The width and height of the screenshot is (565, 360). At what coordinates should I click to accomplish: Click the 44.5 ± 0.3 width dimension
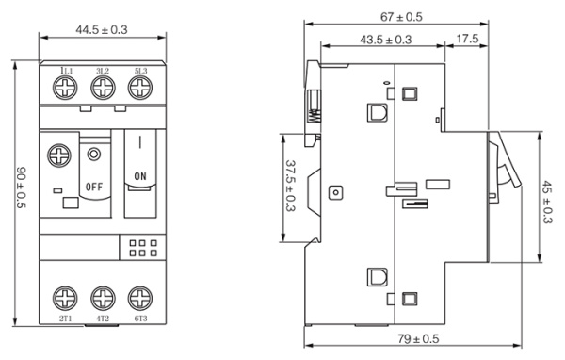102,29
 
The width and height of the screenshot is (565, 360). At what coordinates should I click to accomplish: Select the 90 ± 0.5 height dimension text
22,188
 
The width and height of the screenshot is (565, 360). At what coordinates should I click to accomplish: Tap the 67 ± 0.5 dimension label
401,17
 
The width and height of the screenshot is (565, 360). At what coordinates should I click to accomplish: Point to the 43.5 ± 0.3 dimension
385,40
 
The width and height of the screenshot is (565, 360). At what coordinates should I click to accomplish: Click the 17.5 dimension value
467,39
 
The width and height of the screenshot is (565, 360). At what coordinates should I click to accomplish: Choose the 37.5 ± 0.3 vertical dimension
290,186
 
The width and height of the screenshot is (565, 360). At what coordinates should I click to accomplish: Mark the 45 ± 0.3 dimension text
547,202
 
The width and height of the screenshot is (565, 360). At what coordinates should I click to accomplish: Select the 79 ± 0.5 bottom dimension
418,339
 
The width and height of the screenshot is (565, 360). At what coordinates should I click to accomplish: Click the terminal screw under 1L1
65,88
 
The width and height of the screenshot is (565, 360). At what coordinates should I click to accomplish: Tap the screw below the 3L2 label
103,88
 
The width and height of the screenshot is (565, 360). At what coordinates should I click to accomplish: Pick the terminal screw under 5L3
140,88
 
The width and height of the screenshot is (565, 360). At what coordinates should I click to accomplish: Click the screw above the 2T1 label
65,299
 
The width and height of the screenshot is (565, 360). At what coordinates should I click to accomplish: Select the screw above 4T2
103,299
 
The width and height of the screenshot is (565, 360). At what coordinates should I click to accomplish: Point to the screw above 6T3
140,299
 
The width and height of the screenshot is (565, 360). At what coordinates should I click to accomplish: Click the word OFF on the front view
94,187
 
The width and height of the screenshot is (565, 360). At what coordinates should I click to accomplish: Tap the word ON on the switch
140,176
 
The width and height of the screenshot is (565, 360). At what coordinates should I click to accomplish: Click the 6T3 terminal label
140,319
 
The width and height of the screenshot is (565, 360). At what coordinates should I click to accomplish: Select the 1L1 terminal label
67,71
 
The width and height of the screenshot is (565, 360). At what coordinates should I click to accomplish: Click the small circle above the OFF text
94,155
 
